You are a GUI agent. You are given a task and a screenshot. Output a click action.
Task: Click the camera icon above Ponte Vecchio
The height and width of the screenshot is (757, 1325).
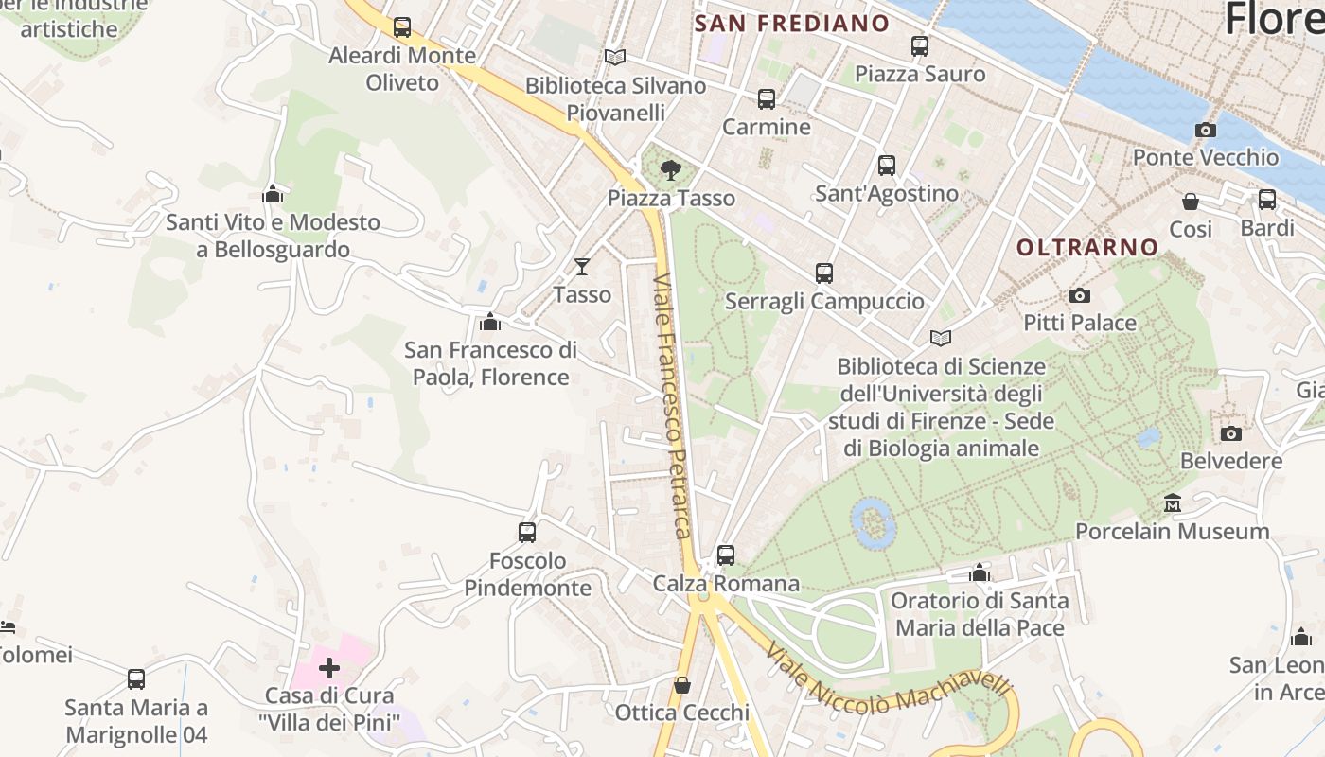click(x=1205, y=130)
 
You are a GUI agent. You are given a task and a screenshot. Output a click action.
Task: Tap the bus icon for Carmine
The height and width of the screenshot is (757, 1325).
click(x=767, y=98)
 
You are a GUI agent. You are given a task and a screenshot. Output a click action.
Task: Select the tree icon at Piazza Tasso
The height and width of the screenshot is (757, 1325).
click(x=671, y=170)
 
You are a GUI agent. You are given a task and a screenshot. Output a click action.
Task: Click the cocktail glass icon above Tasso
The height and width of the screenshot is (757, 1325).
click(x=582, y=267)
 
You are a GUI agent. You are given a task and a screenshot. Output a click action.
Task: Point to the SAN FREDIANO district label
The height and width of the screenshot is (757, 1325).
click(x=791, y=24)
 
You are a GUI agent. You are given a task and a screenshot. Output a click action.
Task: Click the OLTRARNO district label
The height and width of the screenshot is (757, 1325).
click(x=1087, y=248)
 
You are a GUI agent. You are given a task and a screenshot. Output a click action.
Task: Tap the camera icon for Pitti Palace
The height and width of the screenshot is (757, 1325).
click(x=1079, y=296)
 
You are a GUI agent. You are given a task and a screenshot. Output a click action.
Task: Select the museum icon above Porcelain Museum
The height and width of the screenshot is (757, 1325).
click(x=1173, y=502)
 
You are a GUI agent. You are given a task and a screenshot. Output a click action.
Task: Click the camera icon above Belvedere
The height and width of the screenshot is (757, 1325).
click(x=1230, y=433)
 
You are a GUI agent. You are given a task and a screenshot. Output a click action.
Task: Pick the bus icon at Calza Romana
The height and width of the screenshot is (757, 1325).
click(x=726, y=555)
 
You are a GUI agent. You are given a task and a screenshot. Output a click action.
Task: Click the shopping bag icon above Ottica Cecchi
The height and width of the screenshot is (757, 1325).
click(x=681, y=684)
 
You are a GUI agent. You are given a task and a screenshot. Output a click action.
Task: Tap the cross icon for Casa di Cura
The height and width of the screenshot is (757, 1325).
click(x=328, y=669)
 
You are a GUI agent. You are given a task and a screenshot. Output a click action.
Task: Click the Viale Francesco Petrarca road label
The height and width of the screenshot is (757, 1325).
click(x=672, y=407)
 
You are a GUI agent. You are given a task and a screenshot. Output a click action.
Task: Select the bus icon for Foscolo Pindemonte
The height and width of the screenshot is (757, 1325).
click(x=527, y=533)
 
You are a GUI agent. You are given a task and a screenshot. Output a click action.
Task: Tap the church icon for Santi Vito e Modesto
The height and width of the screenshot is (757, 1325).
click(x=274, y=194)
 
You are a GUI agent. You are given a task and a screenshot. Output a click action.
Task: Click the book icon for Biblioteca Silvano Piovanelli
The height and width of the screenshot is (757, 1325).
click(x=615, y=57)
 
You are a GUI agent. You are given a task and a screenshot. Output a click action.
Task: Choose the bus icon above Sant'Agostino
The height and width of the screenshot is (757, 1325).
click(x=887, y=166)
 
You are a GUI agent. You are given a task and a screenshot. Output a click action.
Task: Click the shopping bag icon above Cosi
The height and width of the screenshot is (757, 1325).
click(x=1190, y=202)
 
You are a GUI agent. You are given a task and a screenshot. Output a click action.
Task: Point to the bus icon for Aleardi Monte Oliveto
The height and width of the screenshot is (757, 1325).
click(x=402, y=27)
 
